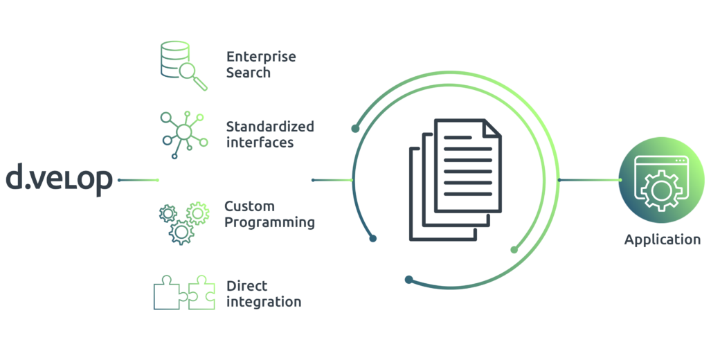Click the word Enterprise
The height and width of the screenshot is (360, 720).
coord(261,57)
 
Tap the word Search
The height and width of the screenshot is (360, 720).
coord(249,73)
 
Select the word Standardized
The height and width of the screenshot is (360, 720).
coord(270,126)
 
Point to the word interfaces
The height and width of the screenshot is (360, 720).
coord(260,142)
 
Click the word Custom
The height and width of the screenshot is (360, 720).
coord(249,206)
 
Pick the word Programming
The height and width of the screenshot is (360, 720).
coord(269,223)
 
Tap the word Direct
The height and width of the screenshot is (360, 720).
coord(246,286)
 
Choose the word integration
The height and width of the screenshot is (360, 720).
coord(264,302)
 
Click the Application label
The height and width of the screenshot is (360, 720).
coord(662,240)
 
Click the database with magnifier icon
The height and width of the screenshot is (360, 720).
coord(183,65)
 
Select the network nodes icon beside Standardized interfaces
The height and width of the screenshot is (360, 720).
coord(183,134)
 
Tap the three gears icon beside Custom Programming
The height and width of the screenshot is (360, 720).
coord(183,223)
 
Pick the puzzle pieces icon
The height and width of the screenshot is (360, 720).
coord(183,292)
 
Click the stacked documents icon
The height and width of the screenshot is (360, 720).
coord(455,179)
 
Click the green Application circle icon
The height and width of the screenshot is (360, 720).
coord(661,179)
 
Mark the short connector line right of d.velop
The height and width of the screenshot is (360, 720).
coord(138,180)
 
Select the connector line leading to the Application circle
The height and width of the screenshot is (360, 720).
coord(590,180)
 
